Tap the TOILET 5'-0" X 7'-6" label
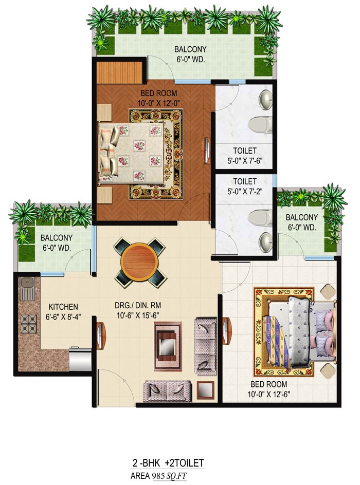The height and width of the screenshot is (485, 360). pos(244,155)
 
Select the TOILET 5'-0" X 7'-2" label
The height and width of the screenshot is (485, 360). pos(244,186)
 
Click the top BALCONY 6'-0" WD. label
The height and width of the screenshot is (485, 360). pos(190,54)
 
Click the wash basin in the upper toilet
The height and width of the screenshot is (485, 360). pos(266,101)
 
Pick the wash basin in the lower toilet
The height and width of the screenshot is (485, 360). pos(266,240)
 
